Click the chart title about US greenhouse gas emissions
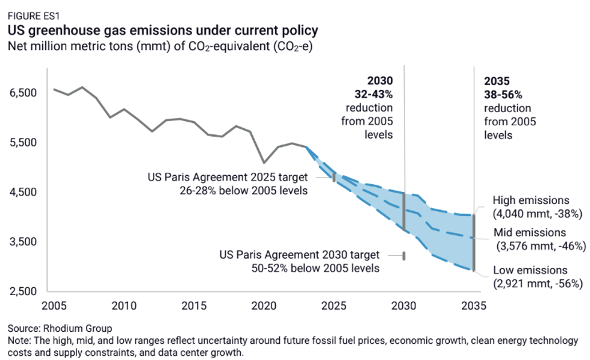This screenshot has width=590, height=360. click(163, 29)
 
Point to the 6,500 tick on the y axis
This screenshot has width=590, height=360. click(23, 93)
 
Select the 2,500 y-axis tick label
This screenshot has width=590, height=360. click(23, 292)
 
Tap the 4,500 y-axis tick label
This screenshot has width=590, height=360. click(23, 193)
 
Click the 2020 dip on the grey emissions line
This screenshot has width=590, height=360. click(264, 163)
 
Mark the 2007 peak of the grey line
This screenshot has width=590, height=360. click(82, 87)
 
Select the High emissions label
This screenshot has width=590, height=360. click(530, 200)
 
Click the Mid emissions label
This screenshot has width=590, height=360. click(530, 232)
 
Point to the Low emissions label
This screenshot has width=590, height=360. click(530, 270)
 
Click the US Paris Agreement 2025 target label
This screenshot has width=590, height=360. click(228, 178)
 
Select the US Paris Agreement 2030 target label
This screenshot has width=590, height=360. click(300, 255)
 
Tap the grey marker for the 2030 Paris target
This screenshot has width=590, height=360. click(404, 256)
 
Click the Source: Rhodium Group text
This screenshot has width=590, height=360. click(60, 329)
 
